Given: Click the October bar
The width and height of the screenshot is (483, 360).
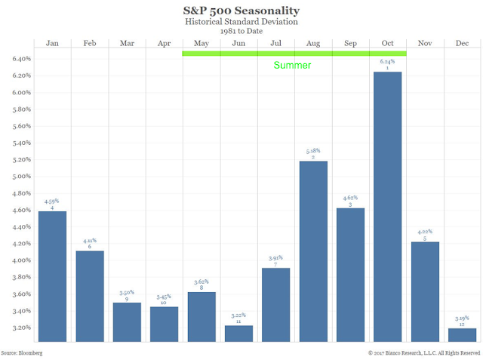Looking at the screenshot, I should tap(388, 207).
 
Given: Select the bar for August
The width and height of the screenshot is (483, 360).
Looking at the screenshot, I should tap(314, 251).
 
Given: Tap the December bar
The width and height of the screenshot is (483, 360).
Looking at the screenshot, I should tap(463, 335).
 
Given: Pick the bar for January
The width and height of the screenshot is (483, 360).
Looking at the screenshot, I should tap(52, 276).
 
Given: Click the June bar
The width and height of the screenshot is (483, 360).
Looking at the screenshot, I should tap(239, 334).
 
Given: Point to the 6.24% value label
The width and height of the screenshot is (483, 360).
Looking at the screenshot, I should tap(388, 62).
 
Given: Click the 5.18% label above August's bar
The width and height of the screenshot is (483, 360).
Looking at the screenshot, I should tap(314, 151).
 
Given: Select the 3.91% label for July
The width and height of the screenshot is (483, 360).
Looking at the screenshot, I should tap(276, 258).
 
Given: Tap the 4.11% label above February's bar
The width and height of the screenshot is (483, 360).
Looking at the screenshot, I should tap(90, 241).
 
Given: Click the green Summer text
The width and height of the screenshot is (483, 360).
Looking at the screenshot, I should tap(292, 66).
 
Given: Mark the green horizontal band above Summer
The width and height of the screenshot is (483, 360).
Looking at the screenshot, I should tap(294, 54).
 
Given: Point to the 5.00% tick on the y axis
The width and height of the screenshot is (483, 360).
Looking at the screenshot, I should tap(20, 177).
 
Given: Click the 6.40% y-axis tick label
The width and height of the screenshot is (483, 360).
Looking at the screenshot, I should tap(20, 59).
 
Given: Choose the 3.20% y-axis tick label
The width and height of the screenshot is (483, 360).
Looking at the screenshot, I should tap(20, 328).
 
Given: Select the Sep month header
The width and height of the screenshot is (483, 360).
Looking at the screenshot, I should tap(351, 43).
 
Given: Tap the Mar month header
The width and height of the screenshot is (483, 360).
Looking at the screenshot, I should tap(127, 43).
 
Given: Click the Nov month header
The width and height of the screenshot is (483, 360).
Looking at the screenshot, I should tap(426, 43).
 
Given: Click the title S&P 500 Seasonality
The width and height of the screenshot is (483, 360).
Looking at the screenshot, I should tap(241, 11).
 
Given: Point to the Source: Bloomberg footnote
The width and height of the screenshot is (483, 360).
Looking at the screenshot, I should tap(21, 352).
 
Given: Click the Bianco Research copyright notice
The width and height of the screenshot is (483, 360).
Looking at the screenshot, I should tap(423, 352).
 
